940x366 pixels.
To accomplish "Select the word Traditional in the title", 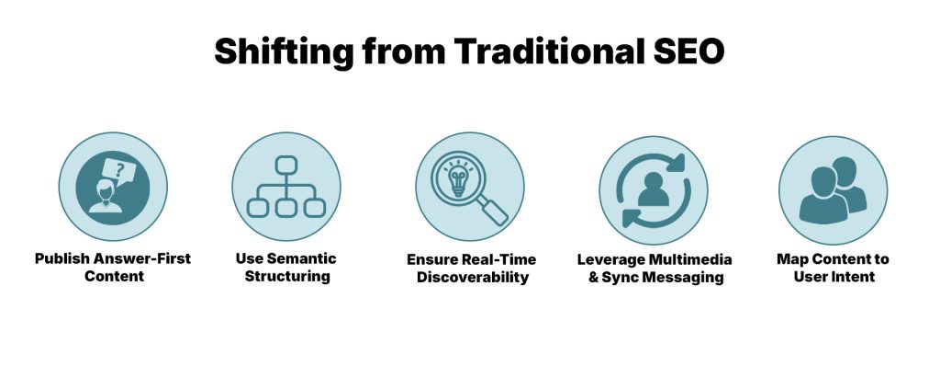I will click(535, 51).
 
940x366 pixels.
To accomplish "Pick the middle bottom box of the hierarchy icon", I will click(285, 208).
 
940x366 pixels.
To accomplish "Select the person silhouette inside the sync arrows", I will click(653, 189).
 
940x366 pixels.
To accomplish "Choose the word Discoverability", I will click(471, 276).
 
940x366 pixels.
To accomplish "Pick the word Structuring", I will click(286, 276).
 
